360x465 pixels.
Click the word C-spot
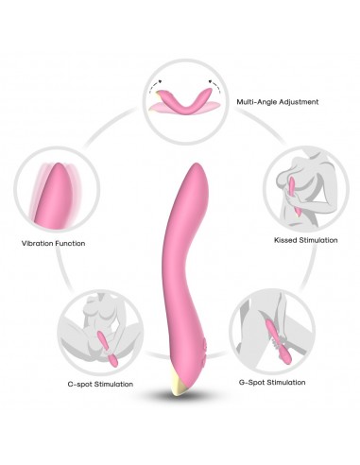click(80, 384)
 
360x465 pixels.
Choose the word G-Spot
click(256, 382)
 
